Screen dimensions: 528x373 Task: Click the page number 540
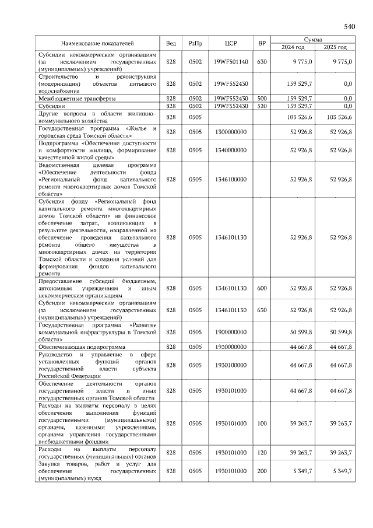pos(350,26)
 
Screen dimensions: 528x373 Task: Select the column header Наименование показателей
pos(98,43)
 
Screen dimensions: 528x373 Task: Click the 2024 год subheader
pos(293,47)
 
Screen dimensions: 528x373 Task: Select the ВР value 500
pos(262,98)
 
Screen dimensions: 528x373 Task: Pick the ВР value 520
pos(262,106)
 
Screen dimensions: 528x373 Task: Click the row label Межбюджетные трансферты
pos(76,98)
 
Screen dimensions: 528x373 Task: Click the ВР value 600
pos(262,288)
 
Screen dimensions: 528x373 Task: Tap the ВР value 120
pos(262,452)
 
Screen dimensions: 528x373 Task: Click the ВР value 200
pos(262,470)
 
